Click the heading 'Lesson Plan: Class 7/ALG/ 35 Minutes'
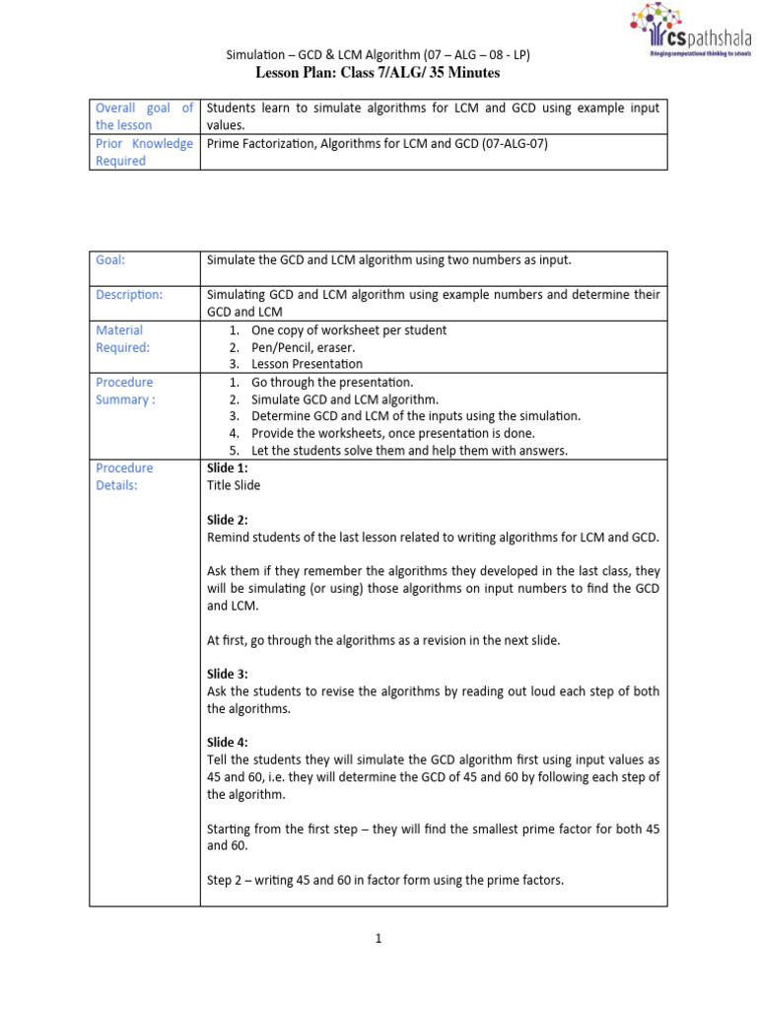pos(378,73)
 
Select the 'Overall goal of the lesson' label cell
pos(144,116)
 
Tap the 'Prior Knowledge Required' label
pos(144,152)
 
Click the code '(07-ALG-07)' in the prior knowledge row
pos(513,144)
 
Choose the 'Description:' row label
pos(129,294)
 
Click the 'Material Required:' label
pos(122,338)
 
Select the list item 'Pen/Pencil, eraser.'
pos(304,347)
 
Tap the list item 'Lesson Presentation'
pos(307,364)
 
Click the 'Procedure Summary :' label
pos(124,391)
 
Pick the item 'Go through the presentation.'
pos(332,382)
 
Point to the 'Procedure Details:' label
pos(124,476)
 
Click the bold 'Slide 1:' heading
pos(228,469)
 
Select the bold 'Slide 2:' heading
pos(228,520)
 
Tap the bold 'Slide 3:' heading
pos(228,675)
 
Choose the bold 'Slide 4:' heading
pos(228,743)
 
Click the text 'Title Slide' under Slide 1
pos(234,485)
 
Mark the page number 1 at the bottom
pos(378,939)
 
